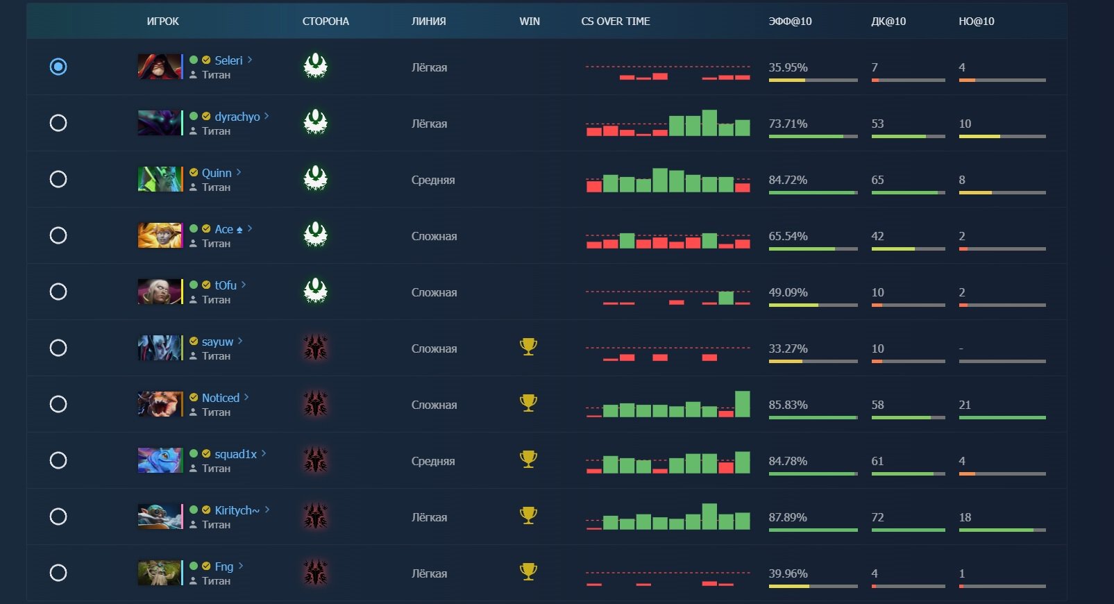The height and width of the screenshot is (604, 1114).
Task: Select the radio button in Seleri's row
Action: point(58,67)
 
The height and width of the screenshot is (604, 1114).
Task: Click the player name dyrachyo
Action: point(237,117)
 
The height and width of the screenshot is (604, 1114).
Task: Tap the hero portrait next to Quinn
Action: point(160,179)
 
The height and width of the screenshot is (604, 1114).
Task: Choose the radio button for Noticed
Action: point(58,404)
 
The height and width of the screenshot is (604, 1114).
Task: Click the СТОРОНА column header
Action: point(326,22)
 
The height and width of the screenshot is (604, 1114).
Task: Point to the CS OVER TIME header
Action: point(615,22)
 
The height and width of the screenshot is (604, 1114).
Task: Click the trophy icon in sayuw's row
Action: point(528,346)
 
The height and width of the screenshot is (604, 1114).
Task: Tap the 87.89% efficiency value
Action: point(788,517)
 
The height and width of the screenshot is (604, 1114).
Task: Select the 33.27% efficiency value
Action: point(788,349)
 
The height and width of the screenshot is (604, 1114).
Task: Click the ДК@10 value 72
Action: point(878,517)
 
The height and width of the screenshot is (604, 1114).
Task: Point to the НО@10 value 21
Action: point(965,405)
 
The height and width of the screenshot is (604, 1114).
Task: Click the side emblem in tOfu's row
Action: point(315,291)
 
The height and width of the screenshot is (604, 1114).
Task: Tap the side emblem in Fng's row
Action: point(315,573)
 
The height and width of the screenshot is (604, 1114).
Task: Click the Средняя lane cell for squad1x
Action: point(433,461)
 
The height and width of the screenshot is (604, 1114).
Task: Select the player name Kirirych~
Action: point(237,510)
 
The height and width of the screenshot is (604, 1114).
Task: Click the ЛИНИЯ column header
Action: point(428,22)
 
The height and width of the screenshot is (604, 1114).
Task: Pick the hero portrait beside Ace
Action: point(160,235)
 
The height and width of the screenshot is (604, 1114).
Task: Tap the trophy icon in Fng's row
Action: point(528,571)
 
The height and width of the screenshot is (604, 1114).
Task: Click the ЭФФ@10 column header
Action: point(790,22)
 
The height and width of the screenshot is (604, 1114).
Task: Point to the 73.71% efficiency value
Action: point(788,124)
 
